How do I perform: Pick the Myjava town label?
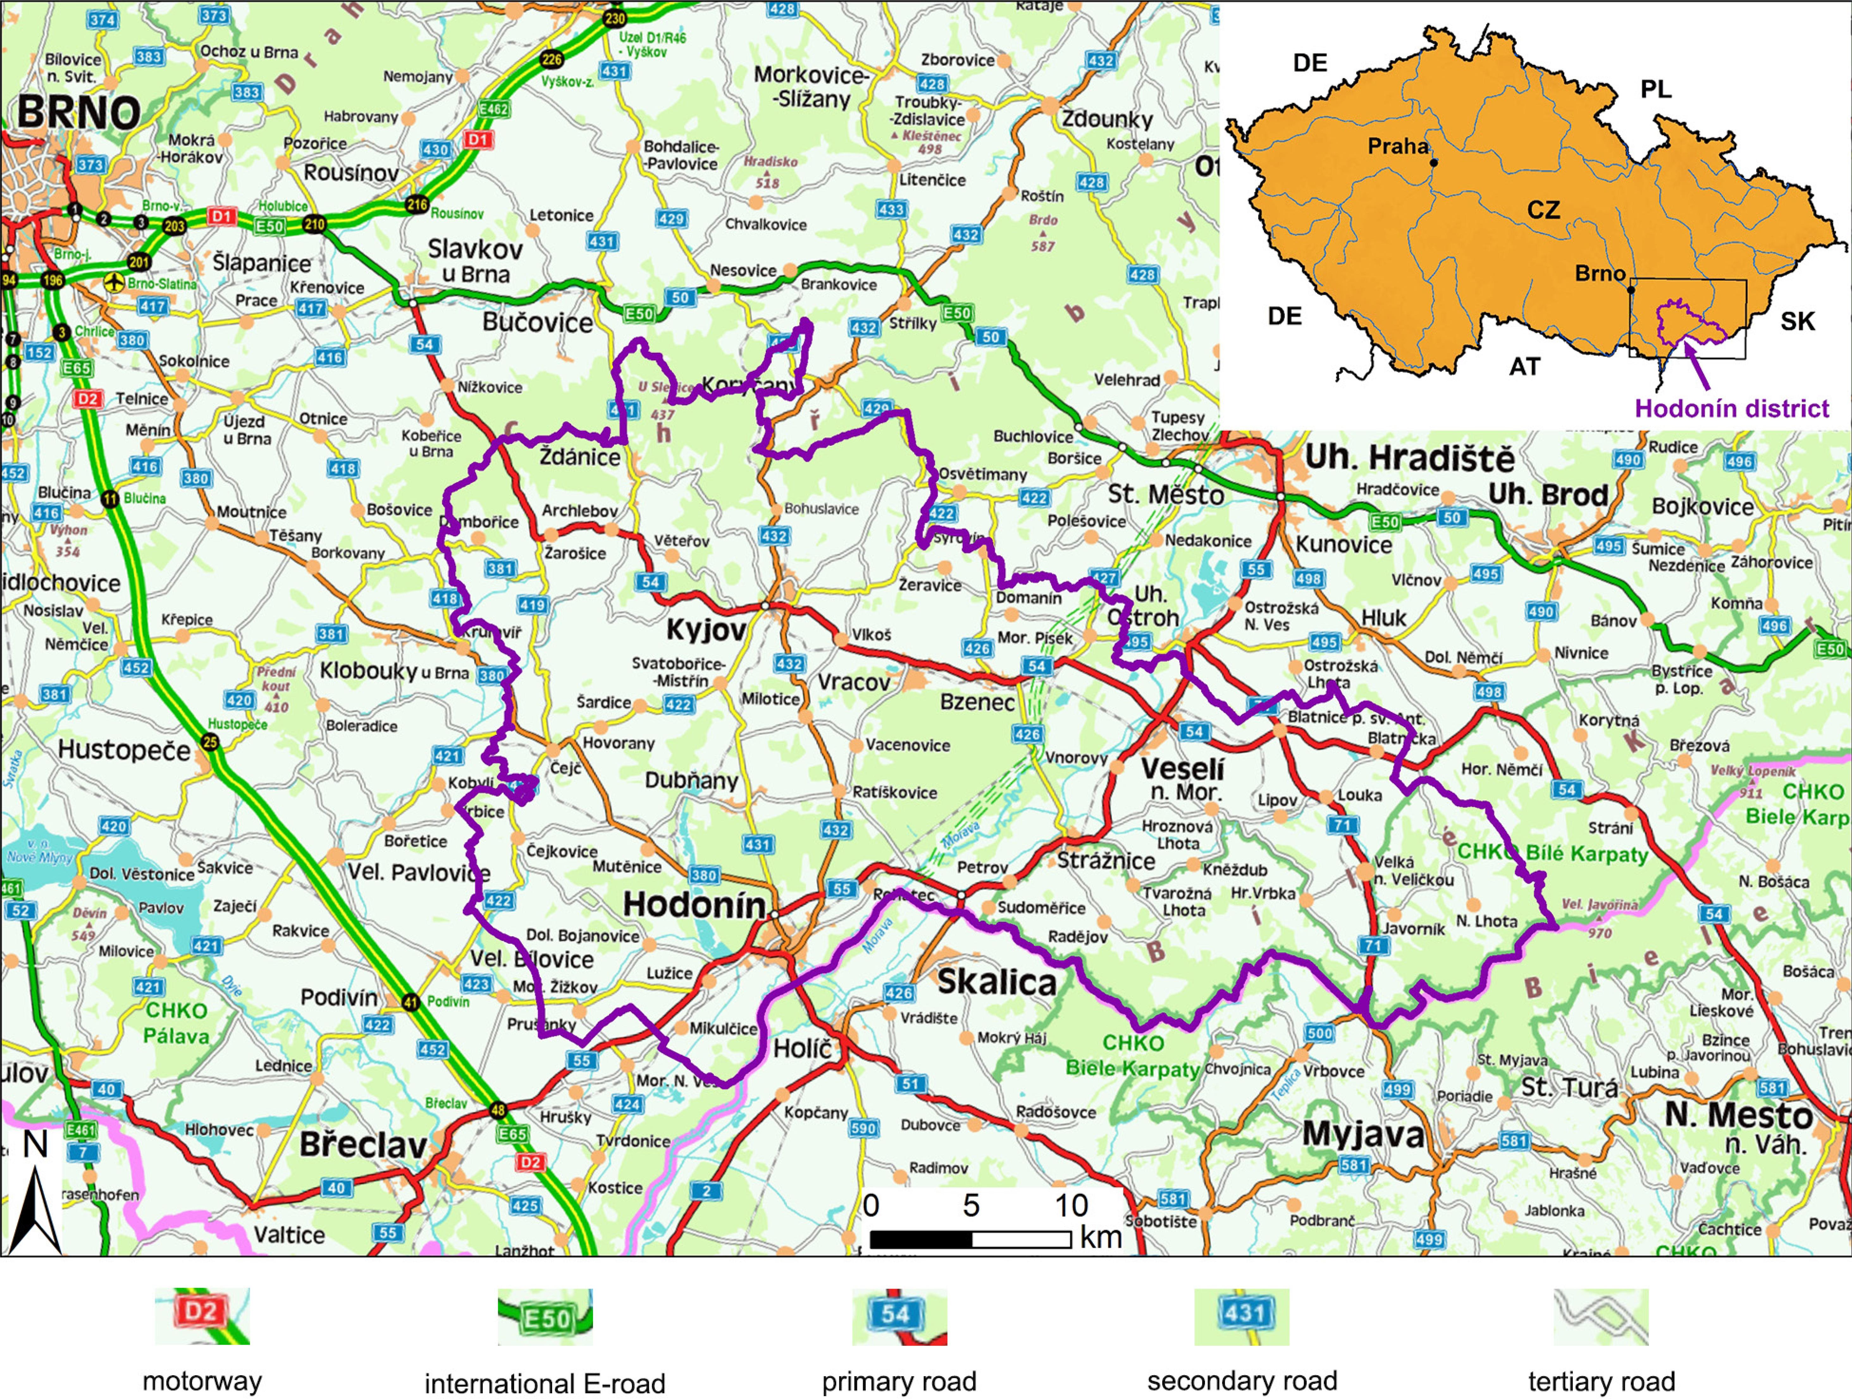click(x=1363, y=1135)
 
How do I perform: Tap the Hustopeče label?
click(x=124, y=750)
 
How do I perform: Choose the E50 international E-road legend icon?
click(x=545, y=1317)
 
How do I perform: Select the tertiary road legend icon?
click(x=1601, y=1317)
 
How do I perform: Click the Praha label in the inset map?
click(x=1397, y=146)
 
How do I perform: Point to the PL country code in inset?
click(x=1655, y=90)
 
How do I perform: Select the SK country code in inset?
click(x=1798, y=321)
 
